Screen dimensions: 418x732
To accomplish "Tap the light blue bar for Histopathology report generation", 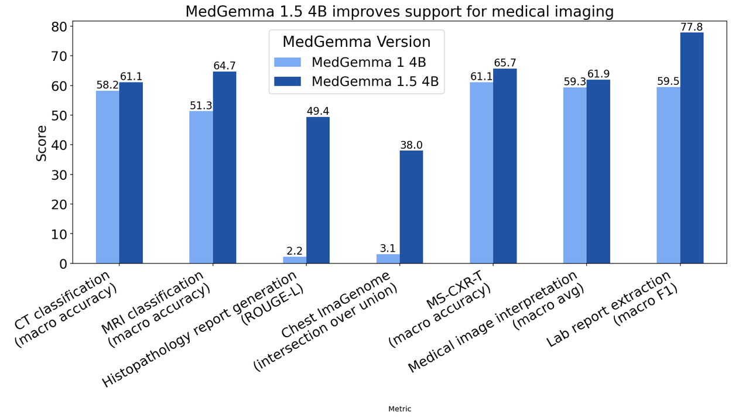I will (295, 260).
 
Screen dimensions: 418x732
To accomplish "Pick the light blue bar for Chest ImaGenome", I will (388, 259).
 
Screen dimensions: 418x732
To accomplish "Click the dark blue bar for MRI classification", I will (224, 167).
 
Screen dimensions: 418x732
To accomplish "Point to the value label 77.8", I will (692, 27).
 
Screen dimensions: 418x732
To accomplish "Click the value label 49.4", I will (318, 111).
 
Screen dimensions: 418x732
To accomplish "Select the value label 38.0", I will (411, 145).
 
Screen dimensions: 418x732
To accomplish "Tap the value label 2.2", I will (295, 251).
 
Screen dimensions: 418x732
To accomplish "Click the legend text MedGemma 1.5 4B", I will (375, 81).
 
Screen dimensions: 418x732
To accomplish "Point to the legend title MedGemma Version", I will (356, 42).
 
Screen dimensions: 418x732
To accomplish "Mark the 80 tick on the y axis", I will (59, 26).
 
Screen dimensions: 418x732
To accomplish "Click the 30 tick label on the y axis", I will (59, 174).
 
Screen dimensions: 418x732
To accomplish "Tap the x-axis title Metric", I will (399, 409).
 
